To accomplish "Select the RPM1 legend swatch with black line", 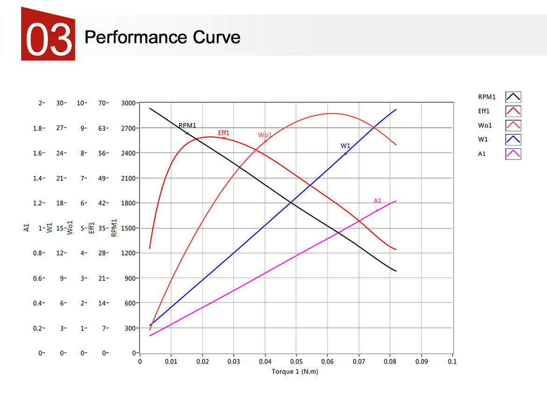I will pos(513,97).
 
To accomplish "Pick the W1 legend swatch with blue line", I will pos(513,139).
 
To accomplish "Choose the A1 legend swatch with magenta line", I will pos(513,153).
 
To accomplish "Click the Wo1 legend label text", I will pos(485,125).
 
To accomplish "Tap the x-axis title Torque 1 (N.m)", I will pos(295,372).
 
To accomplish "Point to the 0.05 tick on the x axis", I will pos(296,362).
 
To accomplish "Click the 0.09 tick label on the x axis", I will pos(421,362).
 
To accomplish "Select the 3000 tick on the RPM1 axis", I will pos(128,103).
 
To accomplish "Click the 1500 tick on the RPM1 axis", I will pos(128,228).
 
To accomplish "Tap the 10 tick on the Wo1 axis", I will pos(81,103).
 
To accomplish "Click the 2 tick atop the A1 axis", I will pos(41,103).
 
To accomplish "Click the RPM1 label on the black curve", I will pos(187,125).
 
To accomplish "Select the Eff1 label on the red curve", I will pos(224,133).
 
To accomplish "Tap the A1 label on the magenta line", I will pos(377,201).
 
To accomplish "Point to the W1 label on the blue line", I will pos(345,146).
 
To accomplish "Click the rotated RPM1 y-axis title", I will pos(114,228).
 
